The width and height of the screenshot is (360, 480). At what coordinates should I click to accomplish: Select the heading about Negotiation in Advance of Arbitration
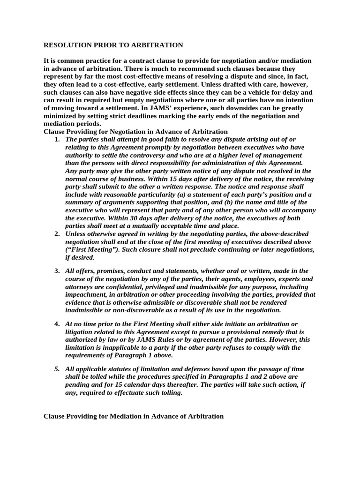point(135,131)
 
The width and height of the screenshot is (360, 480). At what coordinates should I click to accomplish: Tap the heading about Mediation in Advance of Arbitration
point(134,416)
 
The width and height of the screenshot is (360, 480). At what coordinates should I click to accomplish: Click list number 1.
point(57,139)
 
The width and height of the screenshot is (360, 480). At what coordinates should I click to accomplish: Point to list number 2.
point(57,233)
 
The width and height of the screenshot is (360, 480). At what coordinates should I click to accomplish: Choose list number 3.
point(57,271)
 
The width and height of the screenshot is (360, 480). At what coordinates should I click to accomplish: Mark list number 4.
point(57,324)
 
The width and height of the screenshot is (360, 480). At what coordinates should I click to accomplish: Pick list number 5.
point(57,369)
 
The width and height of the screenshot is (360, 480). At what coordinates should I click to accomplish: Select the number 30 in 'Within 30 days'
point(127,218)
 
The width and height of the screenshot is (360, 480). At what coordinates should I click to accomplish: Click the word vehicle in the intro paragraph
point(253,93)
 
